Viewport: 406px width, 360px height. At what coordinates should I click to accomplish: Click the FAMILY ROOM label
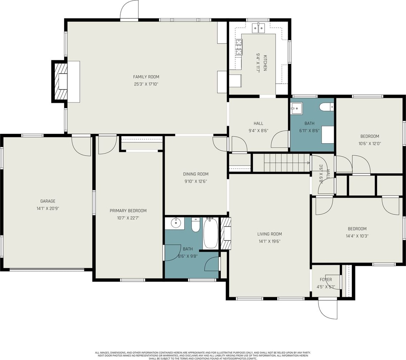(146, 77)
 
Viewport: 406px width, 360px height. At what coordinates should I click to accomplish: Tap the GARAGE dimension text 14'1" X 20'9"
(48, 208)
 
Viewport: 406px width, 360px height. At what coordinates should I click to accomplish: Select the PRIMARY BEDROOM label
(128, 211)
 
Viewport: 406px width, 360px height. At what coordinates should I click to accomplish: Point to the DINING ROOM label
(196, 174)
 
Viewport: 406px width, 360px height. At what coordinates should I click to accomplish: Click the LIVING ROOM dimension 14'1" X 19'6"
(270, 241)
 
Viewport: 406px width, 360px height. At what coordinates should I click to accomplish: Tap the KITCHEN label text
(265, 63)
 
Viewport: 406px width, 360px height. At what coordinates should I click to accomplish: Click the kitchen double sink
(258, 28)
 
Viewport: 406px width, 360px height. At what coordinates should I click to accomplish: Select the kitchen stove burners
(239, 47)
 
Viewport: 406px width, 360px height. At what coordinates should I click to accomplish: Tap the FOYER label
(326, 279)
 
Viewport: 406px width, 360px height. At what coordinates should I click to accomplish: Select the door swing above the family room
(129, 10)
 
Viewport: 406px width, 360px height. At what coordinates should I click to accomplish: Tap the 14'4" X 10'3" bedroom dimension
(357, 236)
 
